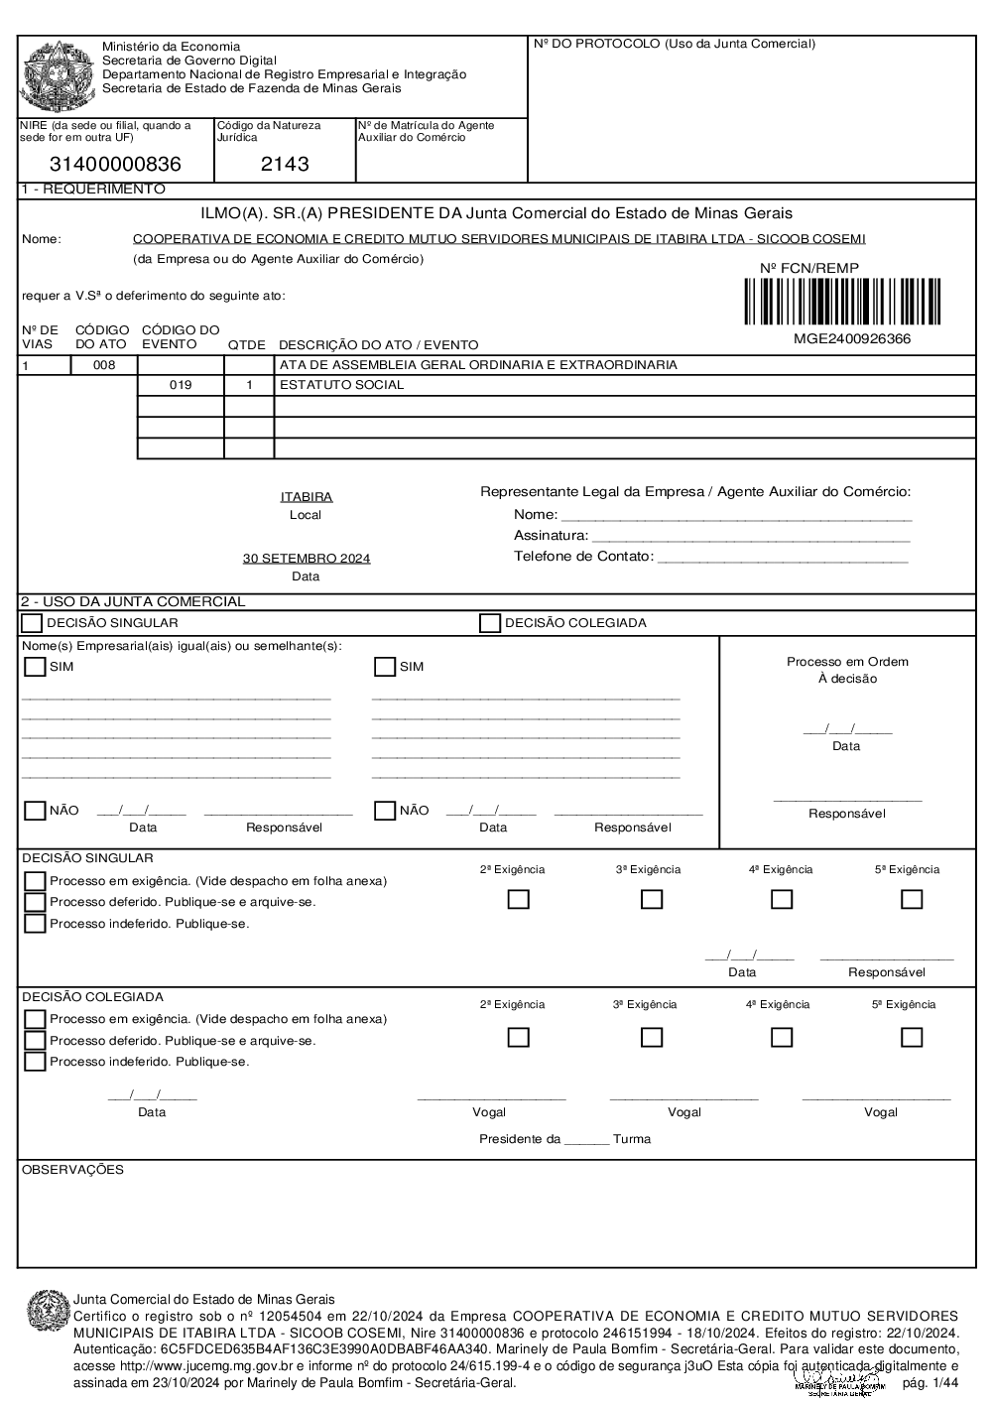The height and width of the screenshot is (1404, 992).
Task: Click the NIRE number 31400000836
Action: (x=115, y=165)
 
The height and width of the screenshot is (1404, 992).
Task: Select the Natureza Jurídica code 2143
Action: (x=285, y=165)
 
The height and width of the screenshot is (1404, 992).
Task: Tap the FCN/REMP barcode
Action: (x=842, y=303)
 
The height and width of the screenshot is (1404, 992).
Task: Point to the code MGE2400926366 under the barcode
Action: (x=851, y=339)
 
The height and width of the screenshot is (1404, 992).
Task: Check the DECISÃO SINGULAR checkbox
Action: (x=33, y=623)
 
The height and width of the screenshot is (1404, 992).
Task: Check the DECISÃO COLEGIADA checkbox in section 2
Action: (x=490, y=623)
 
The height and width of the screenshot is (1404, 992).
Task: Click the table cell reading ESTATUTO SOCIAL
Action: (x=342, y=385)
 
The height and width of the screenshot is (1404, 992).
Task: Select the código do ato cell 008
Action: (x=104, y=365)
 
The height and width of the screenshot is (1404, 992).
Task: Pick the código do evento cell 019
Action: (x=181, y=385)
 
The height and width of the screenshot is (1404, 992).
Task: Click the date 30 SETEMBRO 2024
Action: (x=307, y=559)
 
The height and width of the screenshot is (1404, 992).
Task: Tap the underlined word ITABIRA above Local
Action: (x=307, y=497)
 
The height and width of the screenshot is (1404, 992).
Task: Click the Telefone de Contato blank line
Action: (x=783, y=558)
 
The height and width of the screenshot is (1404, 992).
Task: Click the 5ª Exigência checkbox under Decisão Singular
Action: (x=912, y=899)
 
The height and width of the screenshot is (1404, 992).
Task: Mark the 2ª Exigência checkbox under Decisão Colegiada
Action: (x=518, y=1037)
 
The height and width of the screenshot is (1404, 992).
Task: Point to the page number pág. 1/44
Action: (x=930, y=1383)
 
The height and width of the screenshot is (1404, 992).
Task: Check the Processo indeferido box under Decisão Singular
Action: (x=35, y=924)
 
